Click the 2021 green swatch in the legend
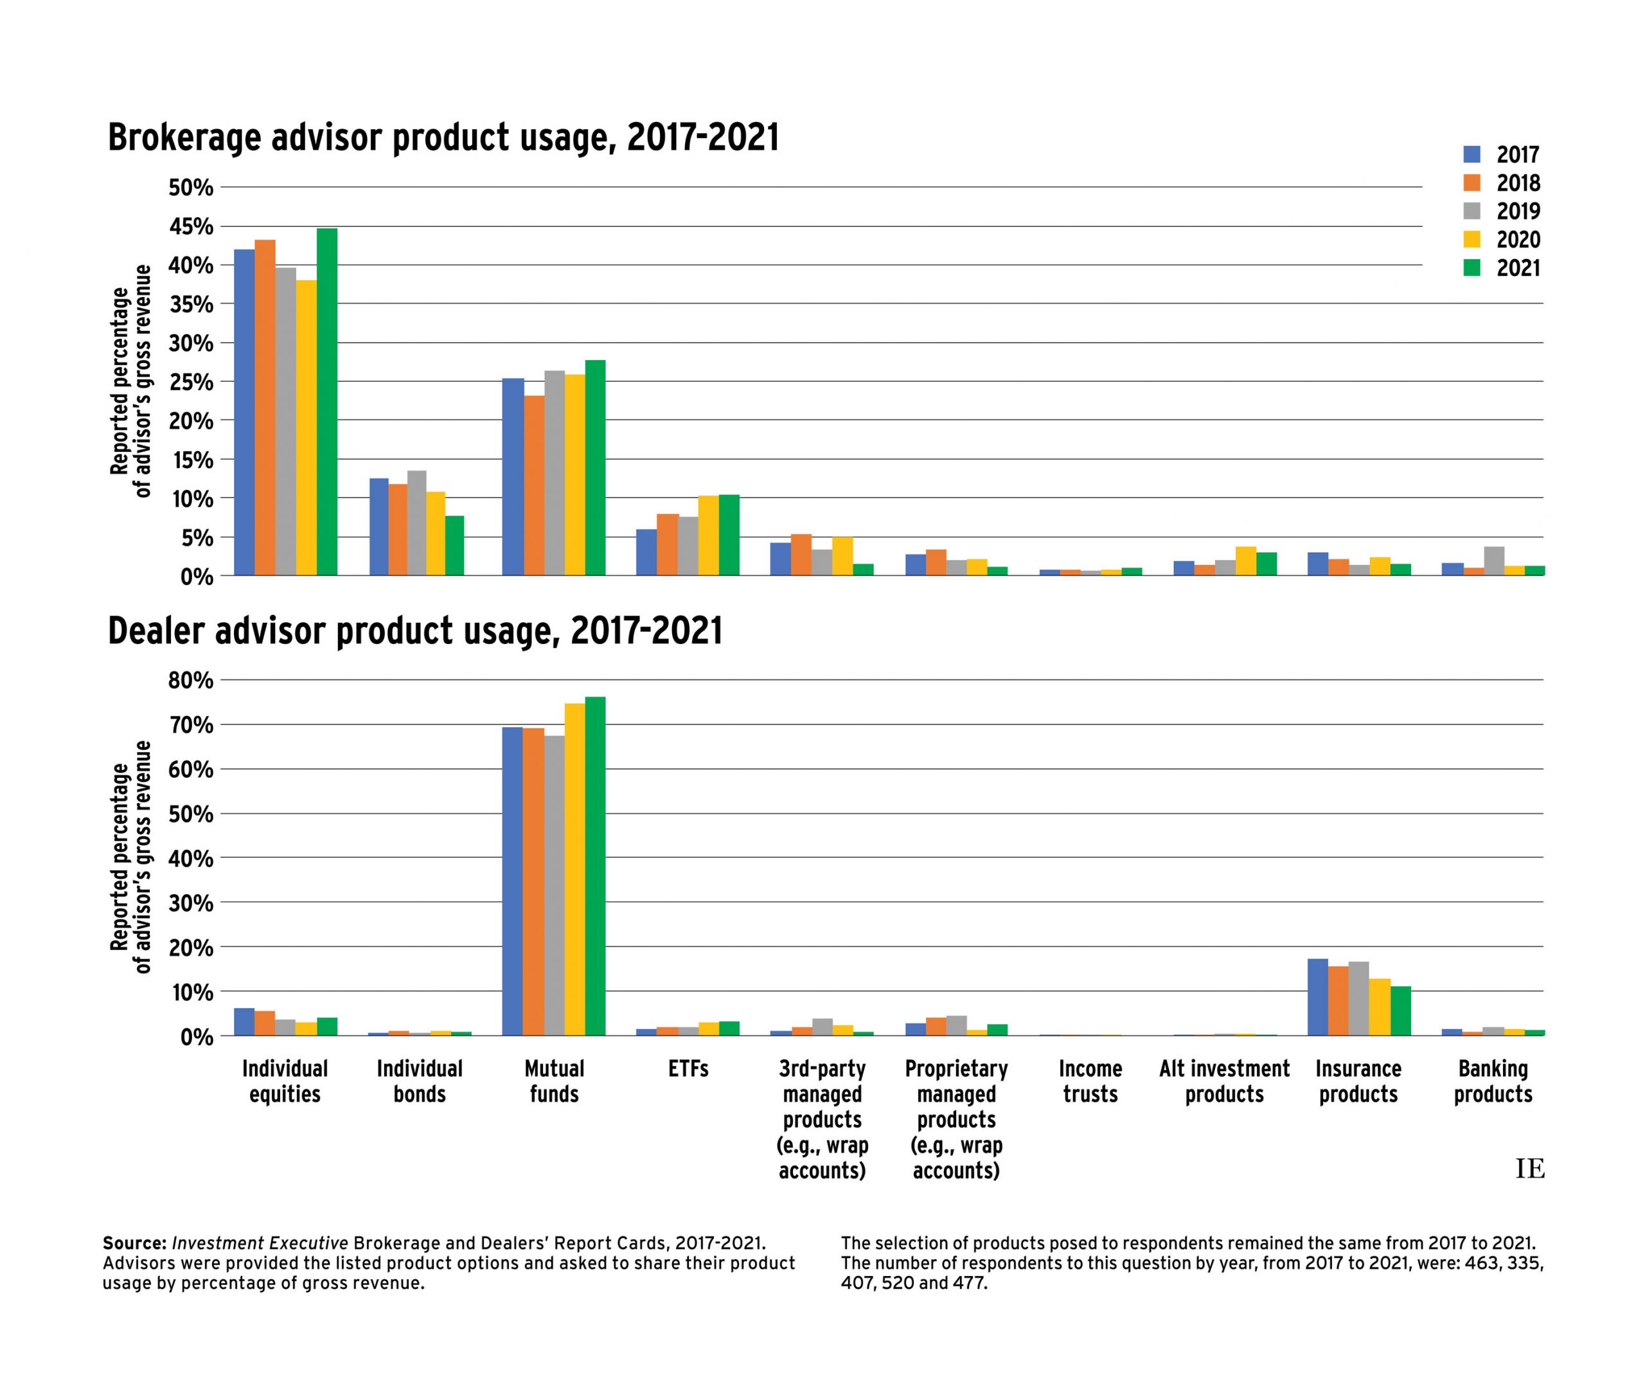[x=1472, y=267]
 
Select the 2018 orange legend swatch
[x=1472, y=183]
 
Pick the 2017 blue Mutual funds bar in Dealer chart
[x=512, y=881]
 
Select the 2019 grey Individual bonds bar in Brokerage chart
[x=417, y=523]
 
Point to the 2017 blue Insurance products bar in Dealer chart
[x=1317, y=996]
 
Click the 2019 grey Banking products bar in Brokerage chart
[x=1493, y=561]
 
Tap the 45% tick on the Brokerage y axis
[x=190, y=227]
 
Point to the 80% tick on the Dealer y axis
[x=190, y=680]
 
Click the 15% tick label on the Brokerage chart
[x=190, y=460]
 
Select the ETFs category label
[x=688, y=1069]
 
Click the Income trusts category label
[x=1090, y=1081]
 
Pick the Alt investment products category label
[x=1224, y=1081]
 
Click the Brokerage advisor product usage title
[x=443, y=138]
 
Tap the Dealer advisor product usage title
[x=415, y=632]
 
